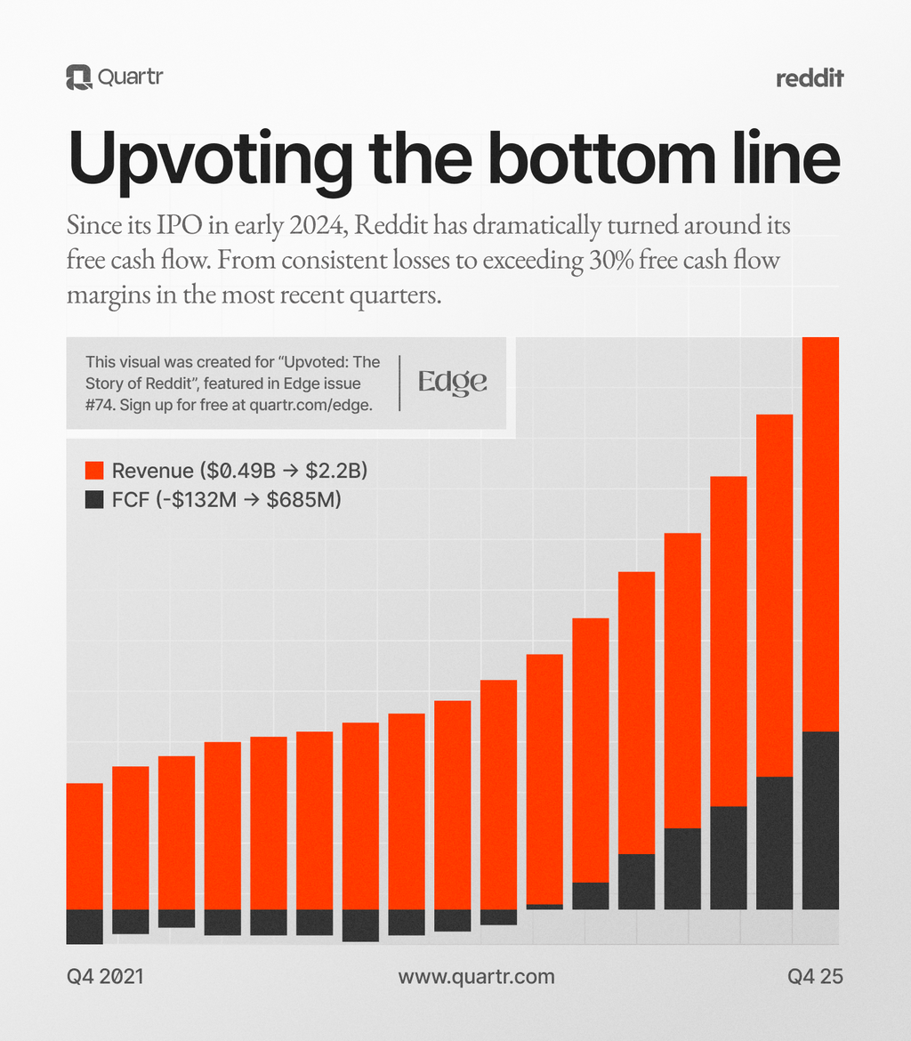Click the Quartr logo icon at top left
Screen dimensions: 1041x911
78,77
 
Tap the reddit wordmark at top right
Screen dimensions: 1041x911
810,78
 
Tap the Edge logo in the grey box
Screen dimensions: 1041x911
453,382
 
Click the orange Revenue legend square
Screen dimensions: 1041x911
94,471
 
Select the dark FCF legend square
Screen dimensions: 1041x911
94,501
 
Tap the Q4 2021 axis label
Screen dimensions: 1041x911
105,976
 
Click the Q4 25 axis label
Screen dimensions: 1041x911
815,976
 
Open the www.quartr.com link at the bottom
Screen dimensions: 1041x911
476,976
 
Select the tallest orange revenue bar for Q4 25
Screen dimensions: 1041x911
820,534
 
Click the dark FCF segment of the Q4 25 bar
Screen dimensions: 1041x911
820,819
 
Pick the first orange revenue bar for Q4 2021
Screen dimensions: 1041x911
85,845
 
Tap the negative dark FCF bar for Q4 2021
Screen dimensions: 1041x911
85,926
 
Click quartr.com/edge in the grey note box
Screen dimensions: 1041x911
313,403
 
